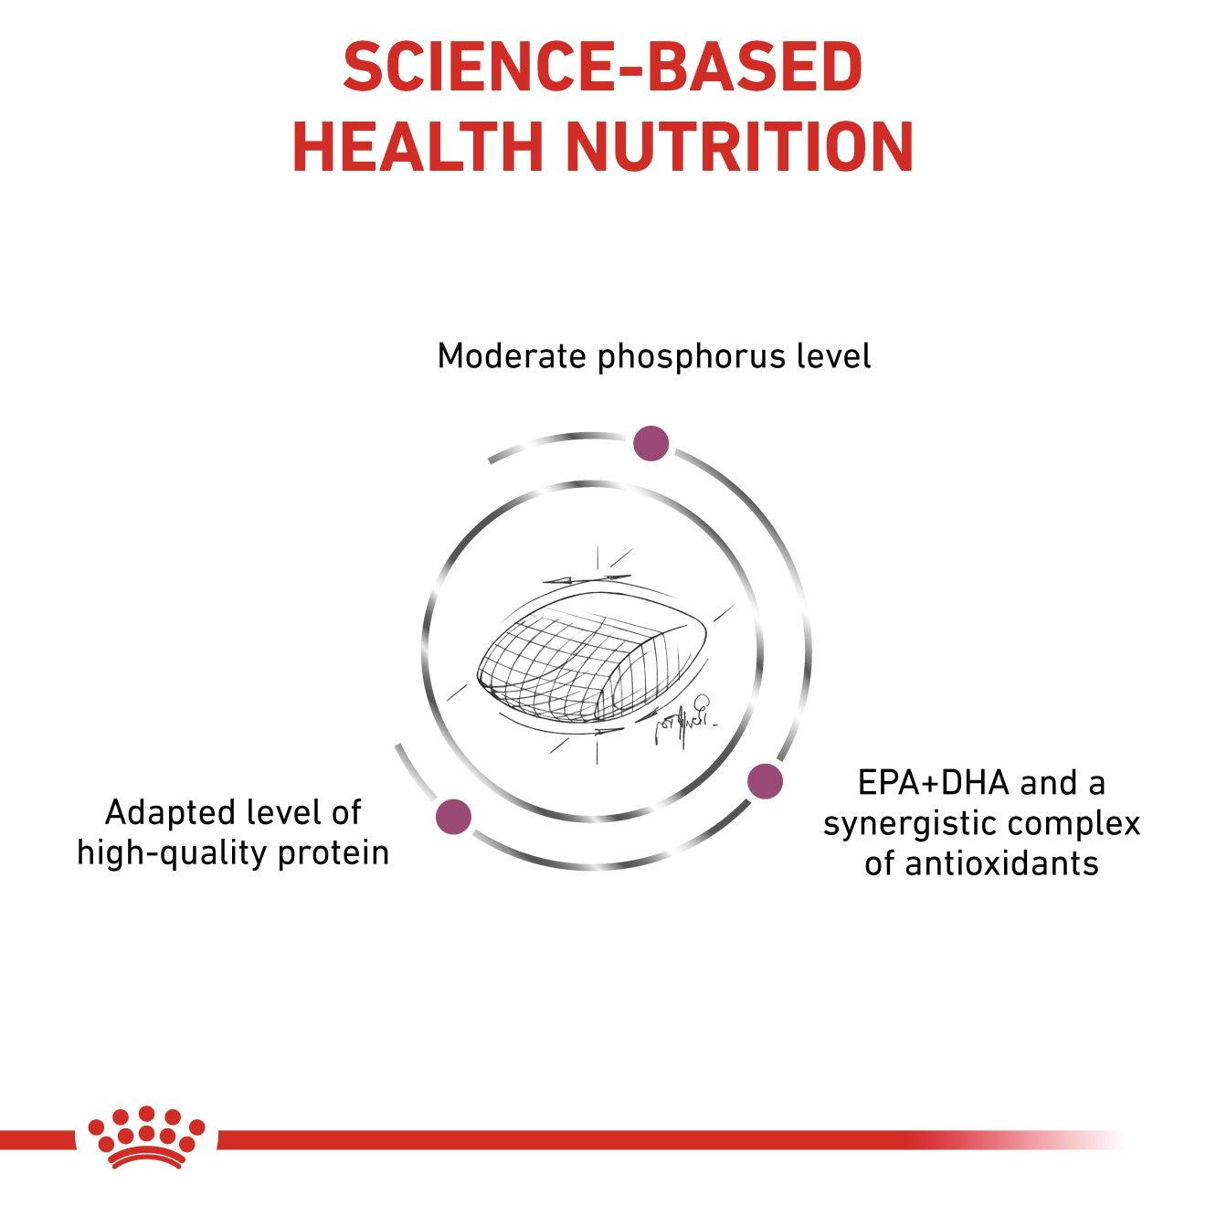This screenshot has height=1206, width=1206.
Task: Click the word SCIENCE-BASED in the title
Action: (603, 67)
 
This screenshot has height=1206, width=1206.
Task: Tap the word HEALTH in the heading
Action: (418, 148)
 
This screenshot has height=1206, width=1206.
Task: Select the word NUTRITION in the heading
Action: (740, 148)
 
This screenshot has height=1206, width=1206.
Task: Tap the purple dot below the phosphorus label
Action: (651, 443)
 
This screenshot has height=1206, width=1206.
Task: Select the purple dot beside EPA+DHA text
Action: (765, 781)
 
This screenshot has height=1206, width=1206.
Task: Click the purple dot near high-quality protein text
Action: (453, 816)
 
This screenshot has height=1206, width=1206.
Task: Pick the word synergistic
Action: (907, 824)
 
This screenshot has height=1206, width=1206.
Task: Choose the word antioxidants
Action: (981, 863)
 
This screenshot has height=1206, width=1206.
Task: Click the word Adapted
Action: (169, 814)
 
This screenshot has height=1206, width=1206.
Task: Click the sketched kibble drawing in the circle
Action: (591, 661)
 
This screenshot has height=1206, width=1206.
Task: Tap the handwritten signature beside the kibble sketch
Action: (684, 717)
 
